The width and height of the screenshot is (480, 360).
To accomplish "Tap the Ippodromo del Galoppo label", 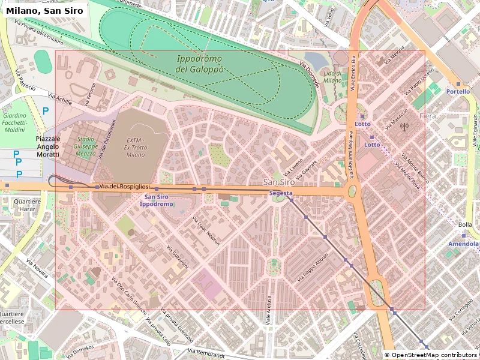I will (200, 64).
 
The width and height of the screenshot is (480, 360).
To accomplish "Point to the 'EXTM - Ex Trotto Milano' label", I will (136, 146).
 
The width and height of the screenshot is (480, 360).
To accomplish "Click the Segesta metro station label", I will (281, 193).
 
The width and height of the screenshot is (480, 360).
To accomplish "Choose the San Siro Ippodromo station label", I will (157, 200).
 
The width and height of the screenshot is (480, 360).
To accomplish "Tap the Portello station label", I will (458, 92).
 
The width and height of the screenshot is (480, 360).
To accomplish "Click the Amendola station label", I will (463, 244).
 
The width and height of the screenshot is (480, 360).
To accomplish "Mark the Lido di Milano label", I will (332, 76).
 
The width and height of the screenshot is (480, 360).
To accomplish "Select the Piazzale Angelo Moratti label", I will (48, 146).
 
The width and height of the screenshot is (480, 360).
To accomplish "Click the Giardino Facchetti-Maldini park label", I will (14, 122).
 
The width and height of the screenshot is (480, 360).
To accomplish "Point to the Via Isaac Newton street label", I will (206, 230).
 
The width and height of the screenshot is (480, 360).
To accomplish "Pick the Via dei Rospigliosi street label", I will (124, 187).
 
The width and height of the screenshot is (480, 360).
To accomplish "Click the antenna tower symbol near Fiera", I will (404, 127).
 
